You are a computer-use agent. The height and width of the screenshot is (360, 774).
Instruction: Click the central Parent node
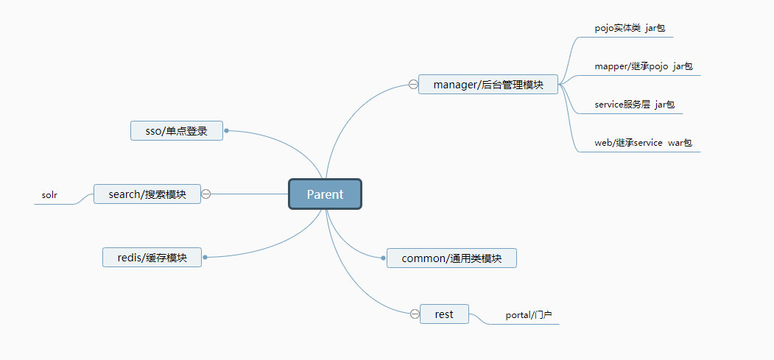(325, 194)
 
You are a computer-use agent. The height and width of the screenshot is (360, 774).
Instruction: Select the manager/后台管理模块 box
(488, 85)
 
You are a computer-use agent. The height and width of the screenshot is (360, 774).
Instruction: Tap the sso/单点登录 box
(177, 131)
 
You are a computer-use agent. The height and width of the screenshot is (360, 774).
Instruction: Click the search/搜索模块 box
(147, 194)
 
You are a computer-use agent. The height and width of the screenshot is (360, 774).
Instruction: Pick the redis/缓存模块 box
(152, 258)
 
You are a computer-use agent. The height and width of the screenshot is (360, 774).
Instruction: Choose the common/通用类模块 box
(451, 258)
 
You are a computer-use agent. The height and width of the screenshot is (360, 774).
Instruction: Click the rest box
(444, 314)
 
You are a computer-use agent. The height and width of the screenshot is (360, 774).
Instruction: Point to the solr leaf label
(49, 196)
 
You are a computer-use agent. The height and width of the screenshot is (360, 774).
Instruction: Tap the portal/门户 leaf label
(529, 315)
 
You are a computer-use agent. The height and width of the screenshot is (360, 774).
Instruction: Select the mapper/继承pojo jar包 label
(644, 66)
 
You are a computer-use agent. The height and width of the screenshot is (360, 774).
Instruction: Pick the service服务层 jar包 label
(634, 105)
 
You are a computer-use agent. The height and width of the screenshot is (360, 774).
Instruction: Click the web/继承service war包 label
(643, 143)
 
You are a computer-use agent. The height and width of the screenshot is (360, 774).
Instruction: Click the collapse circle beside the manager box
(413, 85)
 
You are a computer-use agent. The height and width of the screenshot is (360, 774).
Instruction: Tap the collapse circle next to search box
(206, 194)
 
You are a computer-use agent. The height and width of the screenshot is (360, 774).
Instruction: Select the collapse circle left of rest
(415, 314)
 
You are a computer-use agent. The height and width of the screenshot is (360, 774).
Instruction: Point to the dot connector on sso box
(227, 131)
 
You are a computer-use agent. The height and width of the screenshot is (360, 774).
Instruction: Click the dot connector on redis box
(205, 257)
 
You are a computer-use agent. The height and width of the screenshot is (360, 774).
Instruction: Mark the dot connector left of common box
(383, 258)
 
